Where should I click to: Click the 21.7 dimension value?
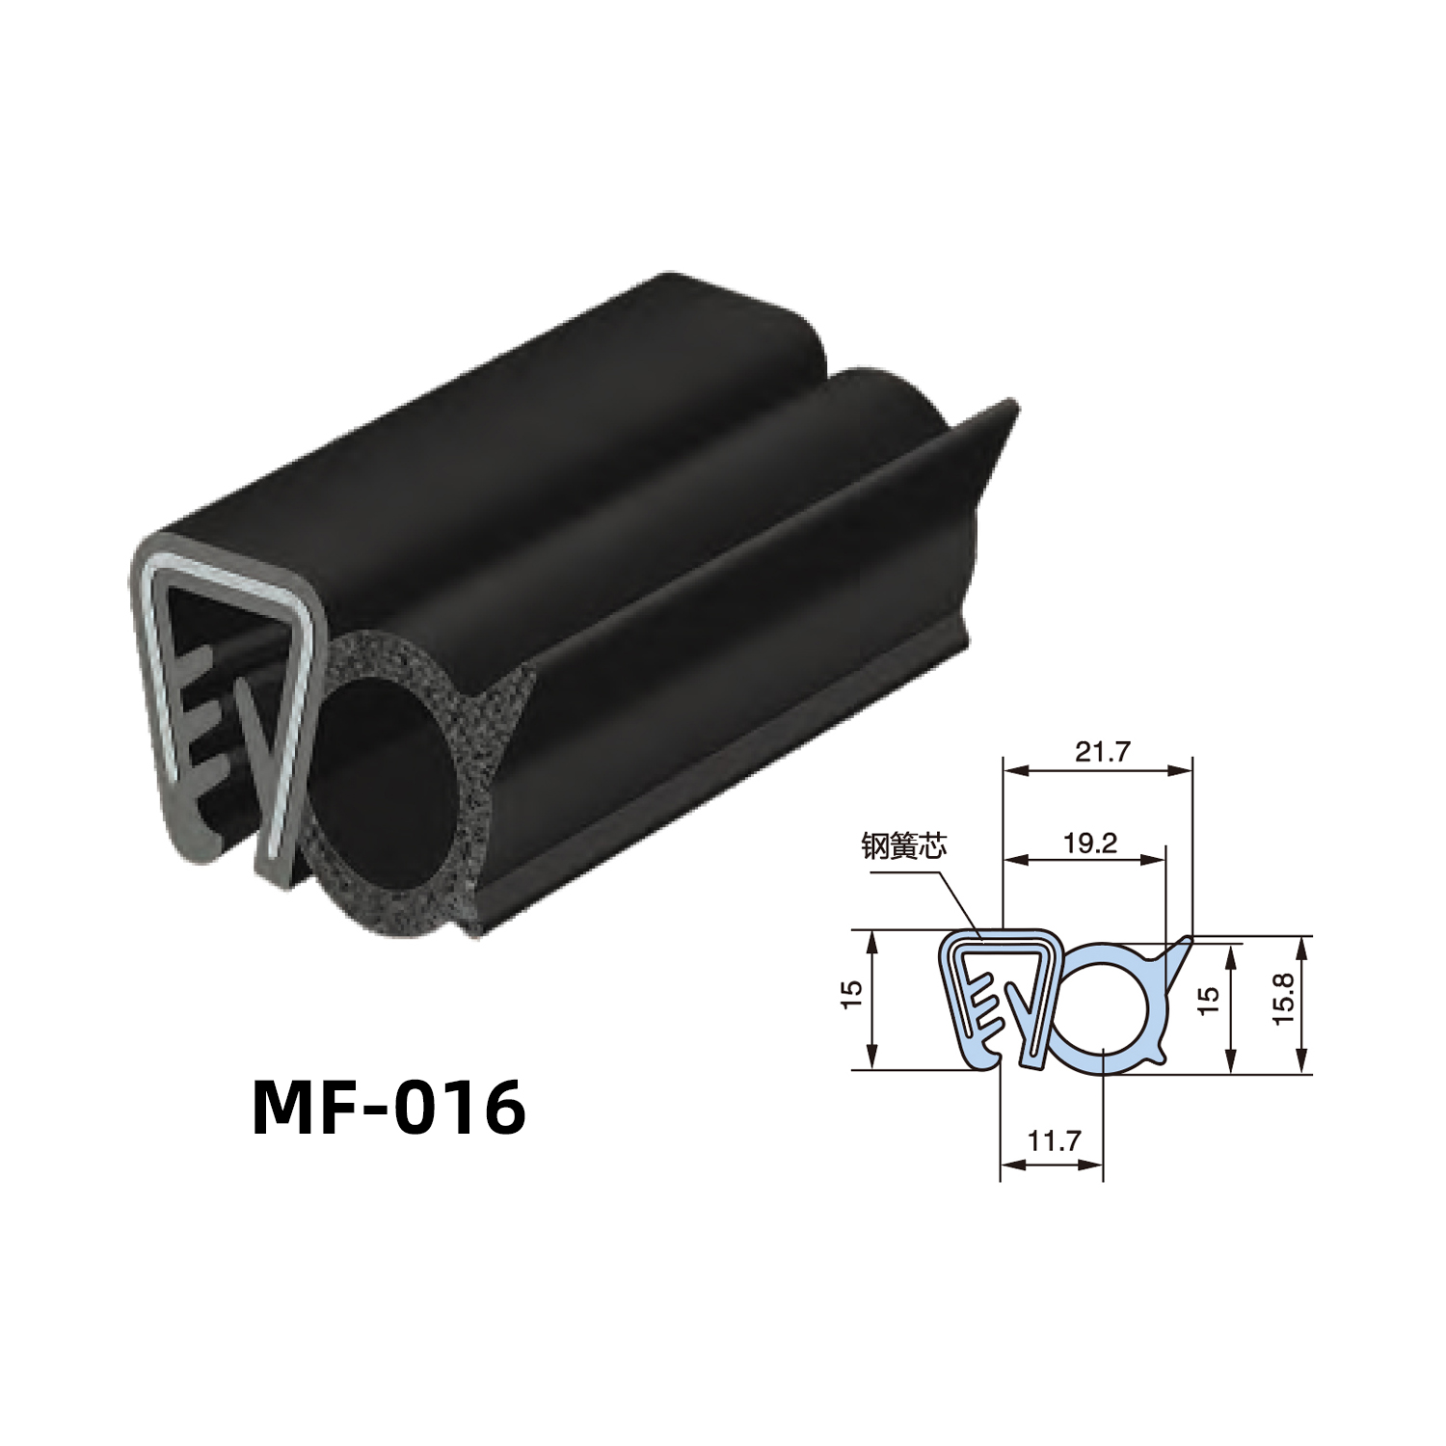point(1102,752)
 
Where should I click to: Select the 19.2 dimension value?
point(1089,843)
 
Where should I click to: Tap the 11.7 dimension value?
point(1053,1141)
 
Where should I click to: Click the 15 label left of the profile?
point(850,995)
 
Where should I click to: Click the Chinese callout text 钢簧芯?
point(904,846)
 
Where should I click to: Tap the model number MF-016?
point(389,1108)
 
